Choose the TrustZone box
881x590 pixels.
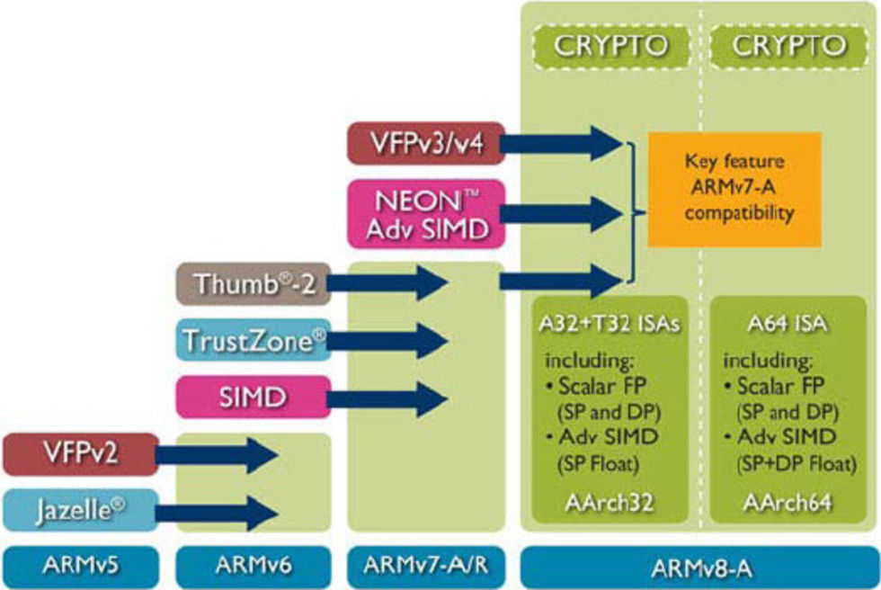coord(251,341)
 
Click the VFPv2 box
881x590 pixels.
coord(80,453)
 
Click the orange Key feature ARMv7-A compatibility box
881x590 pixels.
coord(734,189)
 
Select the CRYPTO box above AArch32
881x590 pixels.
coord(611,46)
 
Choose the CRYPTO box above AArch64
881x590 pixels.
coord(788,46)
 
